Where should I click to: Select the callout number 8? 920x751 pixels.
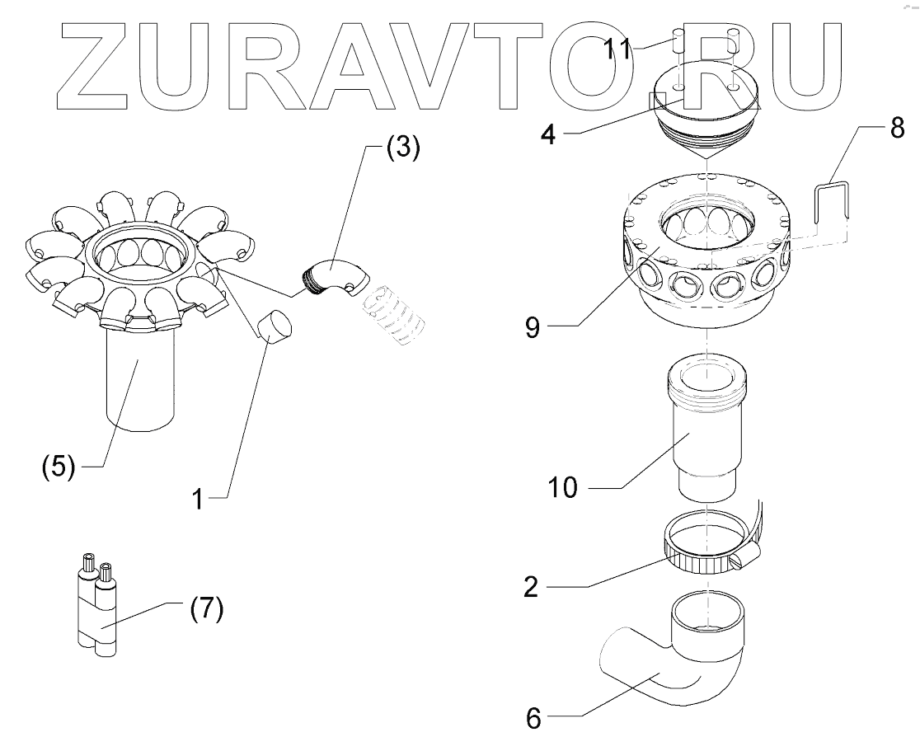[x=898, y=129]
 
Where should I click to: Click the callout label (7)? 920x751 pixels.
[x=200, y=612]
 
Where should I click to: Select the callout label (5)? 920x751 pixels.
[x=59, y=467]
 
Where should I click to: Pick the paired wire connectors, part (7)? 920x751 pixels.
[x=96, y=609]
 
